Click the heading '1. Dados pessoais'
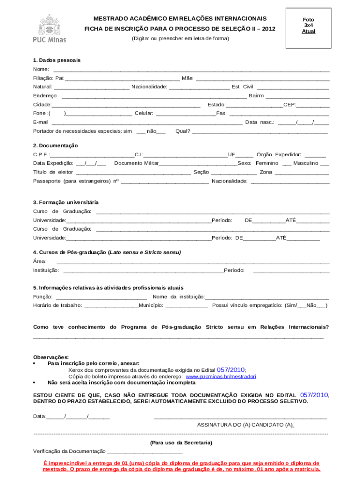57,60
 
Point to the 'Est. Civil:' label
243,87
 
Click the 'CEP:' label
289,104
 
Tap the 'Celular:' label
144,113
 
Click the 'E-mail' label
41,122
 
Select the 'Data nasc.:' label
260,122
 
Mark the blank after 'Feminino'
287,164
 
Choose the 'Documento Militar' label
137,163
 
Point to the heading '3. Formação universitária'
65,203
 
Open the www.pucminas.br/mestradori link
221,376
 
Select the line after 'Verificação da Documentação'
144,452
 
